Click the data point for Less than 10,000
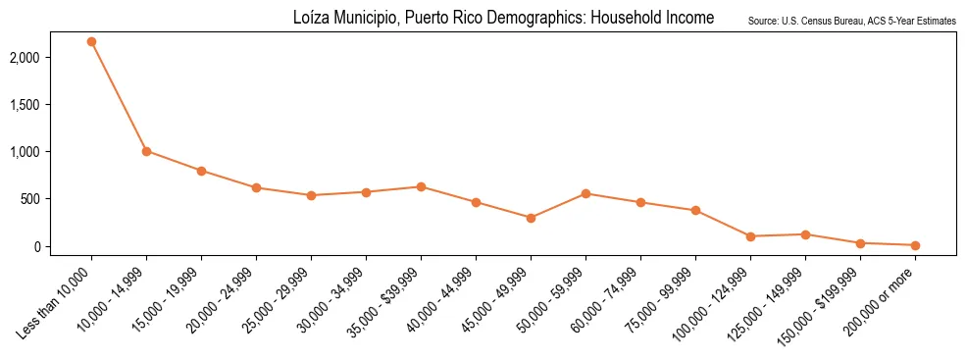tap(91, 42)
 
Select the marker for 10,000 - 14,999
tap(146, 151)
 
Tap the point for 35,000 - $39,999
tap(421, 186)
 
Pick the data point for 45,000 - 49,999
tap(531, 218)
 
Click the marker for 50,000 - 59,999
tap(585, 193)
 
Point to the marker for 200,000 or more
tap(915, 245)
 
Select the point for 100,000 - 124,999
tap(750, 236)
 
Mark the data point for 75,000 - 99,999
tap(695, 210)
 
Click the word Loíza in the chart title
tap(310, 19)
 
